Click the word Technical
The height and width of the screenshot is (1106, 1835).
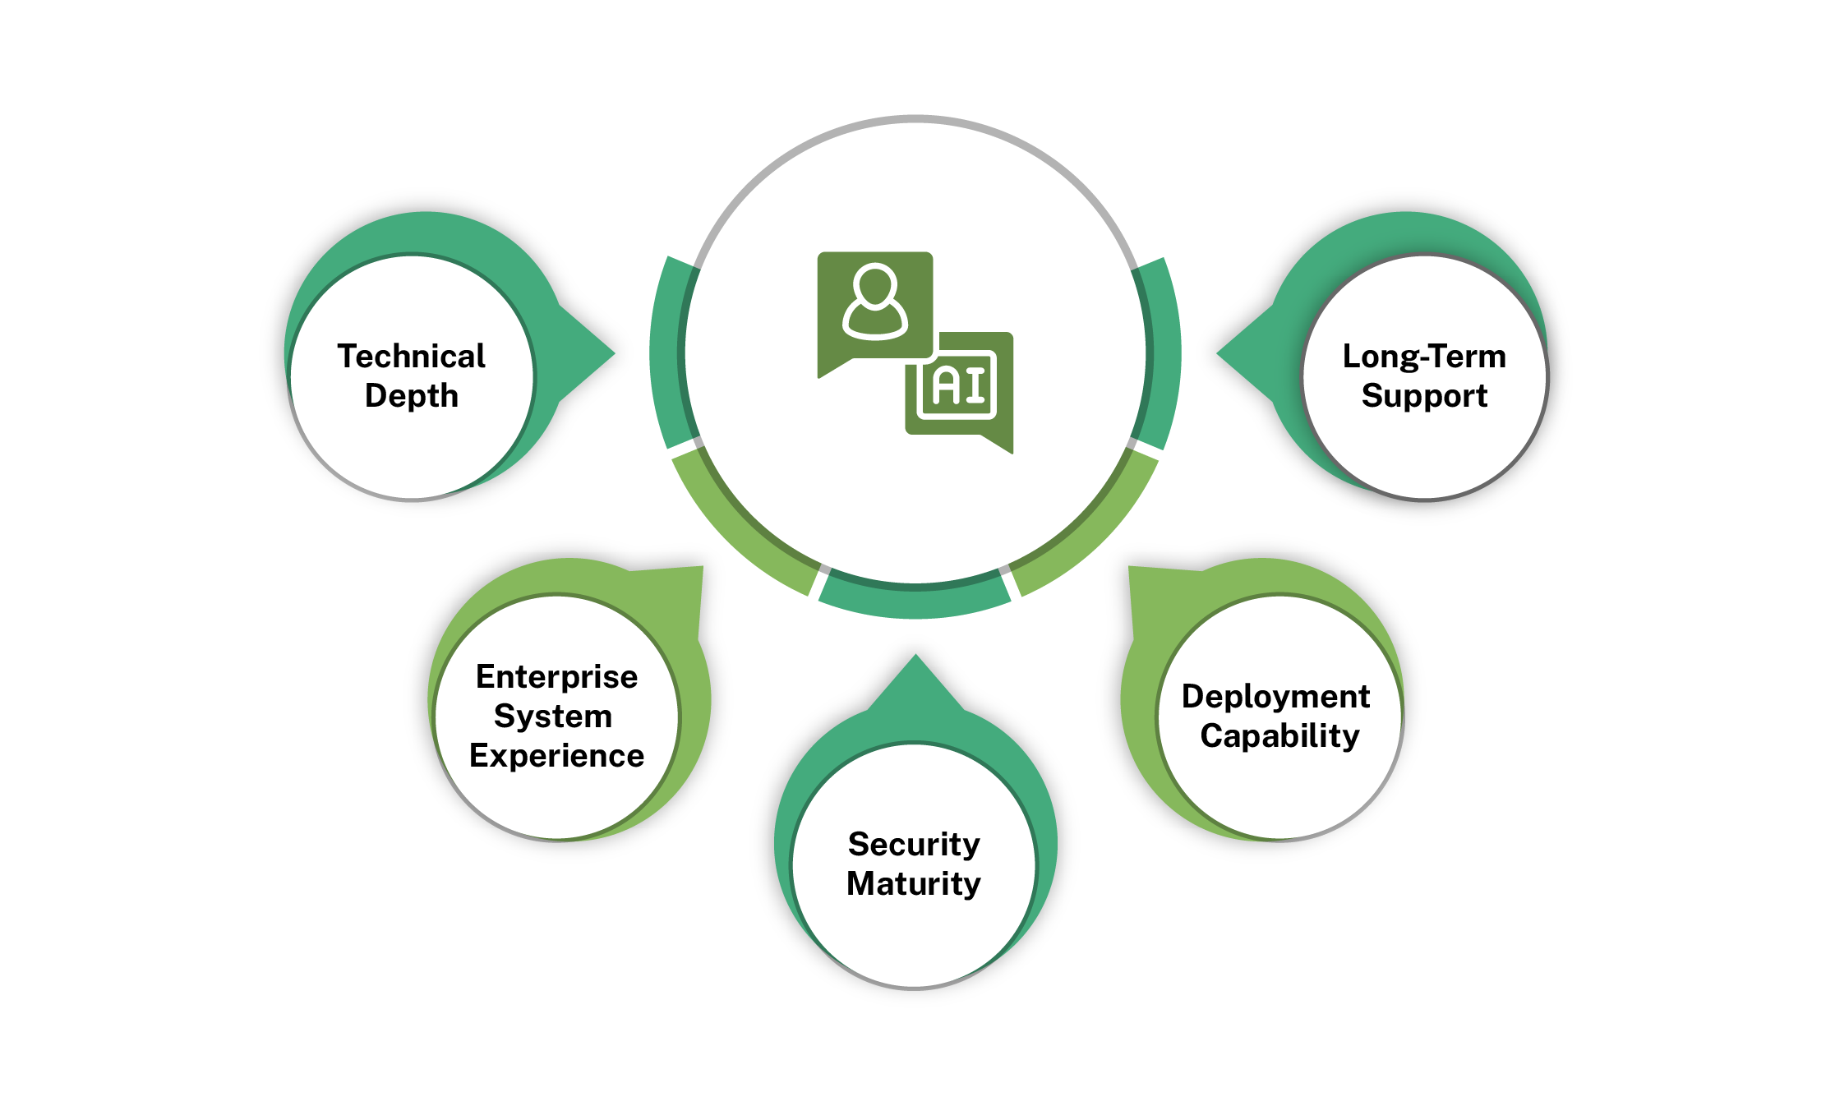click(x=411, y=357)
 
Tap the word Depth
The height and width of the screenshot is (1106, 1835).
click(x=411, y=396)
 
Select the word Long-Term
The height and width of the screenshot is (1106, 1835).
click(x=1424, y=357)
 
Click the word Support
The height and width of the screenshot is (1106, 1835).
click(x=1424, y=396)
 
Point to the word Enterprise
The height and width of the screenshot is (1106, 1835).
click(x=556, y=677)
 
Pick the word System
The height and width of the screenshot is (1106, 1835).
click(x=553, y=717)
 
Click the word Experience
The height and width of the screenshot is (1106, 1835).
click(x=556, y=756)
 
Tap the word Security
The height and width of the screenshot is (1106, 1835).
click(x=914, y=845)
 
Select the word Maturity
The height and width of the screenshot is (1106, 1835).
click(x=914, y=884)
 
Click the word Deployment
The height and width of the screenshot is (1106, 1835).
click(x=1275, y=697)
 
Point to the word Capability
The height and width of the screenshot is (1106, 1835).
click(x=1279, y=736)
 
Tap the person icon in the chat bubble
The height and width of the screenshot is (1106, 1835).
click(x=874, y=302)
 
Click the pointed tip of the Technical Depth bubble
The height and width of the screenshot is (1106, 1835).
click(x=612, y=353)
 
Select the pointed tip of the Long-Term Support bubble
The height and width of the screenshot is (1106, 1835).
click(x=1219, y=353)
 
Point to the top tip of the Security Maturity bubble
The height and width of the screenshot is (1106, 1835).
click(x=915, y=657)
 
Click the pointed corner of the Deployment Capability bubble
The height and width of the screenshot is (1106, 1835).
click(x=1132, y=569)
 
